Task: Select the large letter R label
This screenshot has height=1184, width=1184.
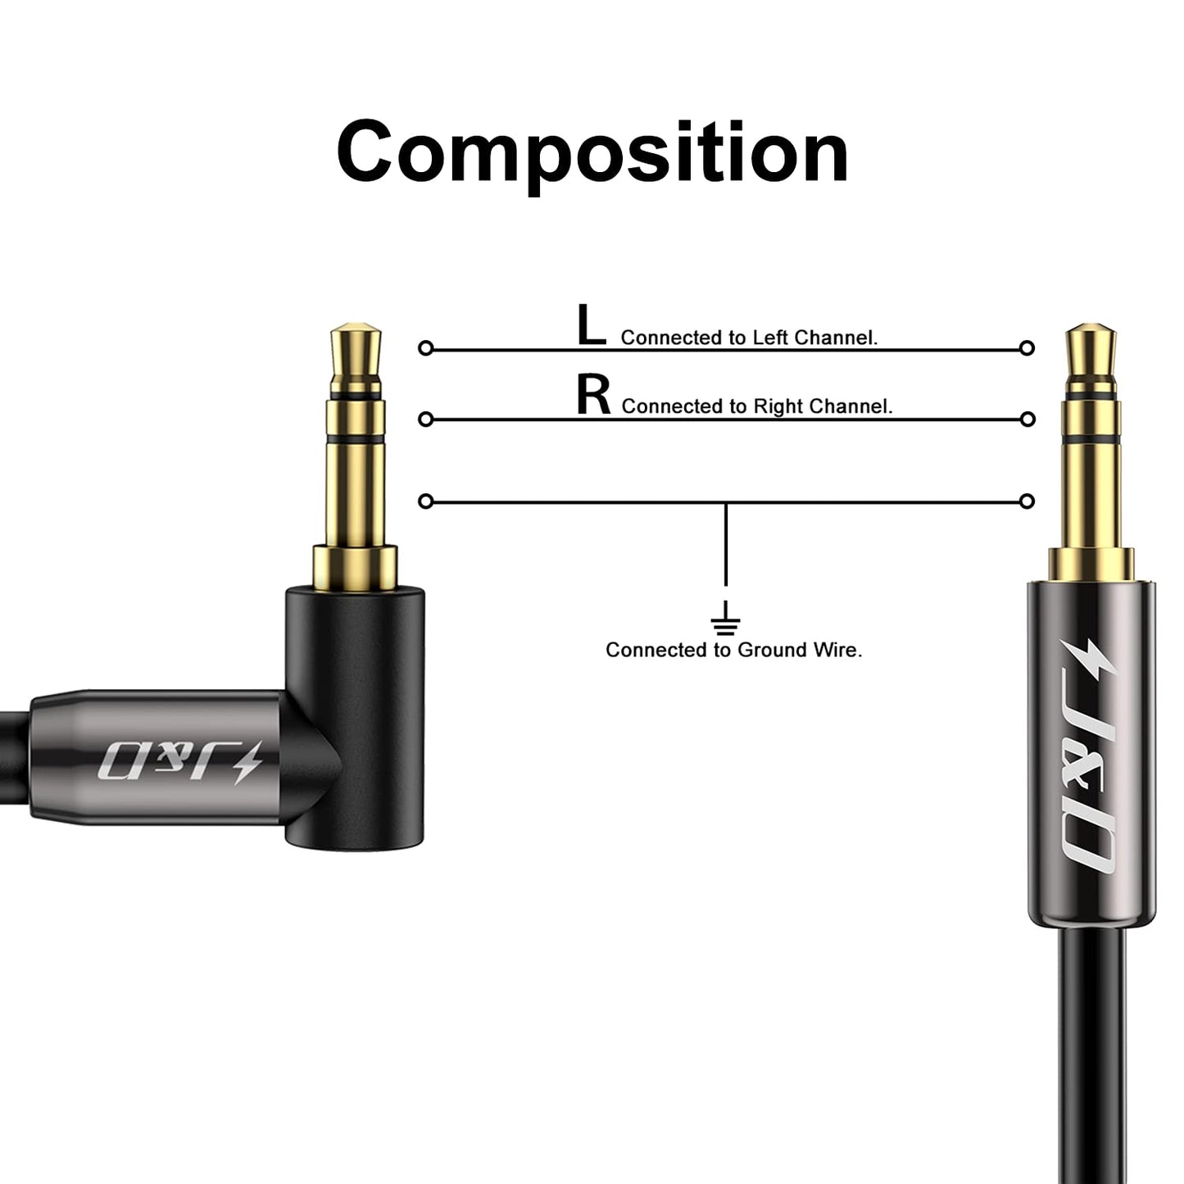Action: pos(593,395)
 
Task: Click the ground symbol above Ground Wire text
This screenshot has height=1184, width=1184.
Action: pos(726,618)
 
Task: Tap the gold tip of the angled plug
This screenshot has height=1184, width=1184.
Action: pos(356,356)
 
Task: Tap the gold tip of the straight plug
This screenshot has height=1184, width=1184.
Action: pos(1091,356)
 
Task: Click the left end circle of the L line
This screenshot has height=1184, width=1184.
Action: pos(425,348)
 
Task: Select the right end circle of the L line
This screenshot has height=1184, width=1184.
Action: pos(1027,348)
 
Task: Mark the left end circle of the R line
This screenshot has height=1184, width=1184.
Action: pos(425,419)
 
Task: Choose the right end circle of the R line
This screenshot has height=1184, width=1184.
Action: pos(1027,419)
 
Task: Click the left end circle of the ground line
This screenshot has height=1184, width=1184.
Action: pos(425,501)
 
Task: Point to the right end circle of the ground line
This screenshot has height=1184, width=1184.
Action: pos(1027,501)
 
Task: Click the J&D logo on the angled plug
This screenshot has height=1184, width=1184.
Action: pos(180,762)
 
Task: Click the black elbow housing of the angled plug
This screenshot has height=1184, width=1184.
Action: pos(355,719)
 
